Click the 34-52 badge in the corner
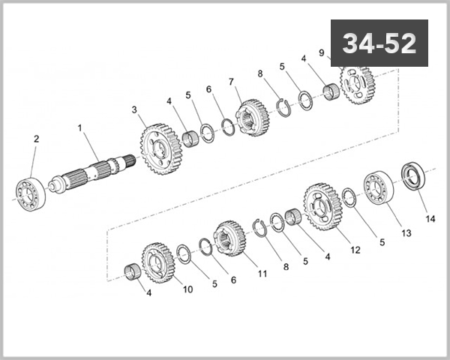(379, 43)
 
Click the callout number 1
(79, 128)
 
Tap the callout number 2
(35, 138)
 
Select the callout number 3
(134, 109)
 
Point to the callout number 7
(232, 81)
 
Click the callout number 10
(187, 289)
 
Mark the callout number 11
(262, 274)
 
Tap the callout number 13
(406, 233)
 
